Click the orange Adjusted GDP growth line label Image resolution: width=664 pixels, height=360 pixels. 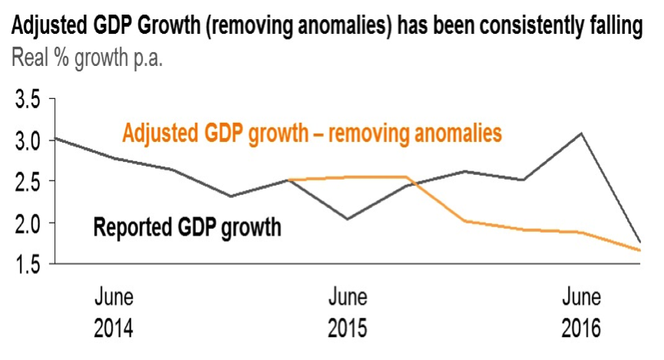pos(312,134)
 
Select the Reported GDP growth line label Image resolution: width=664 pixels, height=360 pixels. pos(187,227)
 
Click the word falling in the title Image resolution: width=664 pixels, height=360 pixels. pos(614,28)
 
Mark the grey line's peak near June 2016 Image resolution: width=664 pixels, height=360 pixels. pos(582,134)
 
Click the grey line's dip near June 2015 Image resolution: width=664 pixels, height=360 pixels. pos(347,220)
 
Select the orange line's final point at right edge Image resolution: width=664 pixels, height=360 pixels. pos(639,250)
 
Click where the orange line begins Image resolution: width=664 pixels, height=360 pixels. pos(289,180)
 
